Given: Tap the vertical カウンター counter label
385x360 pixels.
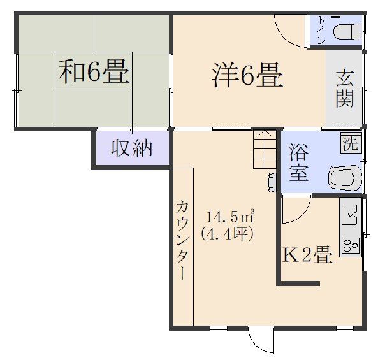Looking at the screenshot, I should [x=182, y=239].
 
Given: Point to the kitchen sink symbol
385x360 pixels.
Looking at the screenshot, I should [x=350, y=215].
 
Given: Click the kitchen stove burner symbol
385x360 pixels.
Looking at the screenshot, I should [x=350, y=245].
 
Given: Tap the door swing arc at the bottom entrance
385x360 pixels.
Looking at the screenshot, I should [x=260, y=341].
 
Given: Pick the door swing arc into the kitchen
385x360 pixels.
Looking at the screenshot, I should [x=297, y=210].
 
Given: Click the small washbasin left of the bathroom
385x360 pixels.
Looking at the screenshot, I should [x=272, y=182].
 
